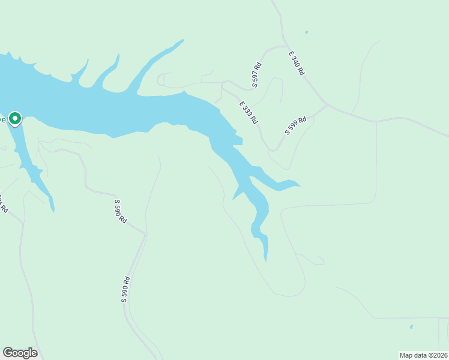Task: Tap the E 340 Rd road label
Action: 297,63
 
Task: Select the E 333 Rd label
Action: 248,113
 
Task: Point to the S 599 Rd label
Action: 295,125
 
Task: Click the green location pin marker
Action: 15,118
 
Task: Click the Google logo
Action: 20,353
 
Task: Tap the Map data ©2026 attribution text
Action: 423,355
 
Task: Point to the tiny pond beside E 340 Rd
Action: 306,32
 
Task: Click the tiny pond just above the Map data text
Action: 411,327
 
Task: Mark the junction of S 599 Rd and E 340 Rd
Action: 327,106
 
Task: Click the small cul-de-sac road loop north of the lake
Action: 161,80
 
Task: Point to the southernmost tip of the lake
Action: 265,260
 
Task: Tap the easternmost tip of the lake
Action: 300,185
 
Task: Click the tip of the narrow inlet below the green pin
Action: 53,211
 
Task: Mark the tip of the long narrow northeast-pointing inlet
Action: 182,40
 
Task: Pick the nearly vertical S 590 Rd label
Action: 126,289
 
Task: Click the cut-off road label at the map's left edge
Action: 3,204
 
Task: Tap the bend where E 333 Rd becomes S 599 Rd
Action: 275,150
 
